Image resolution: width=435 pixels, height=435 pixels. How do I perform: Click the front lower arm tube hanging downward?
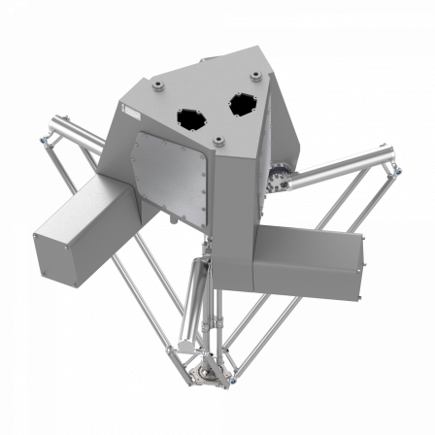(x=198, y=291)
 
